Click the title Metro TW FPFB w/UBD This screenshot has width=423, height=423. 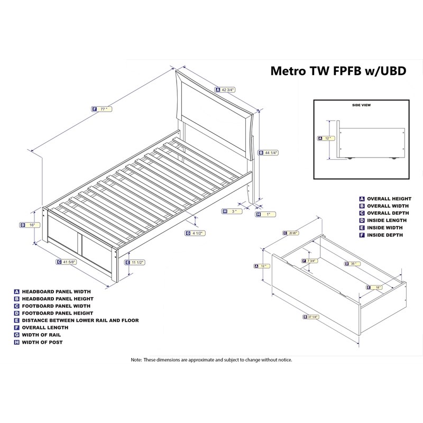338,71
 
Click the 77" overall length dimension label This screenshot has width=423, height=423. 103,109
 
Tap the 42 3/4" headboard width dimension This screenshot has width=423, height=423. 228,90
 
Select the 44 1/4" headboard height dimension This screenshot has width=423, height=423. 271,153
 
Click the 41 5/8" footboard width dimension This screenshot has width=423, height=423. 69,261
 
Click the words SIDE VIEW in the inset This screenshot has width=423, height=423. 361,105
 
